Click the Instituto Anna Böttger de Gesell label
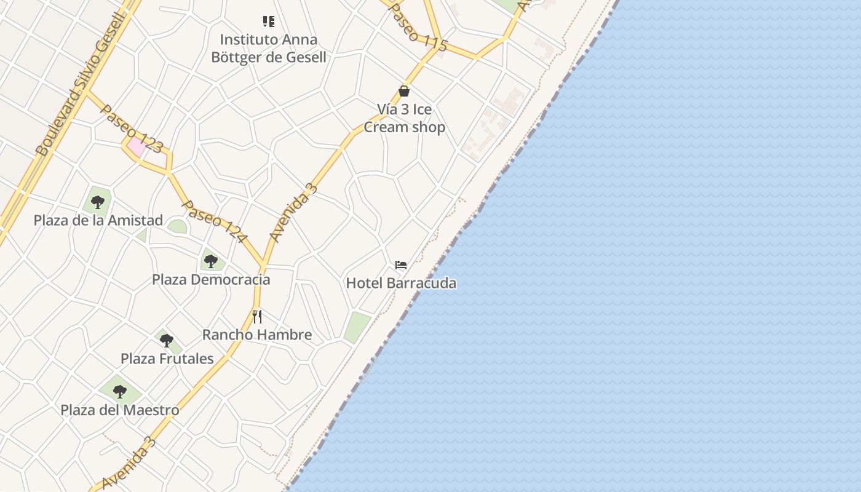click(269, 49)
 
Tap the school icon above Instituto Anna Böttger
click(269, 22)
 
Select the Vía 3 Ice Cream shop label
click(404, 118)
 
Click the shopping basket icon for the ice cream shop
click(404, 91)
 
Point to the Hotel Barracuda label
click(401, 283)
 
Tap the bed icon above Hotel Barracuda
click(401, 265)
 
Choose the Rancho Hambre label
click(257, 335)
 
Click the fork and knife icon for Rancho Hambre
click(257, 317)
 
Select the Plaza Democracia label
click(211, 279)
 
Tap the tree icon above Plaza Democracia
click(211, 261)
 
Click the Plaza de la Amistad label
click(98, 220)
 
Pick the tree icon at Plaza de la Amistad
click(98, 202)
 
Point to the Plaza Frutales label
click(167, 359)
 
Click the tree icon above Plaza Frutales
click(166, 340)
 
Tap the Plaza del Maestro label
click(120, 410)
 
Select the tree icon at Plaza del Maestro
click(120, 391)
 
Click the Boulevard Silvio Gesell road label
click(81, 83)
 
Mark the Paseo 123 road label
click(131, 129)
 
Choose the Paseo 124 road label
click(215, 221)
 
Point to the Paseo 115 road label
click(418, 27)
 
